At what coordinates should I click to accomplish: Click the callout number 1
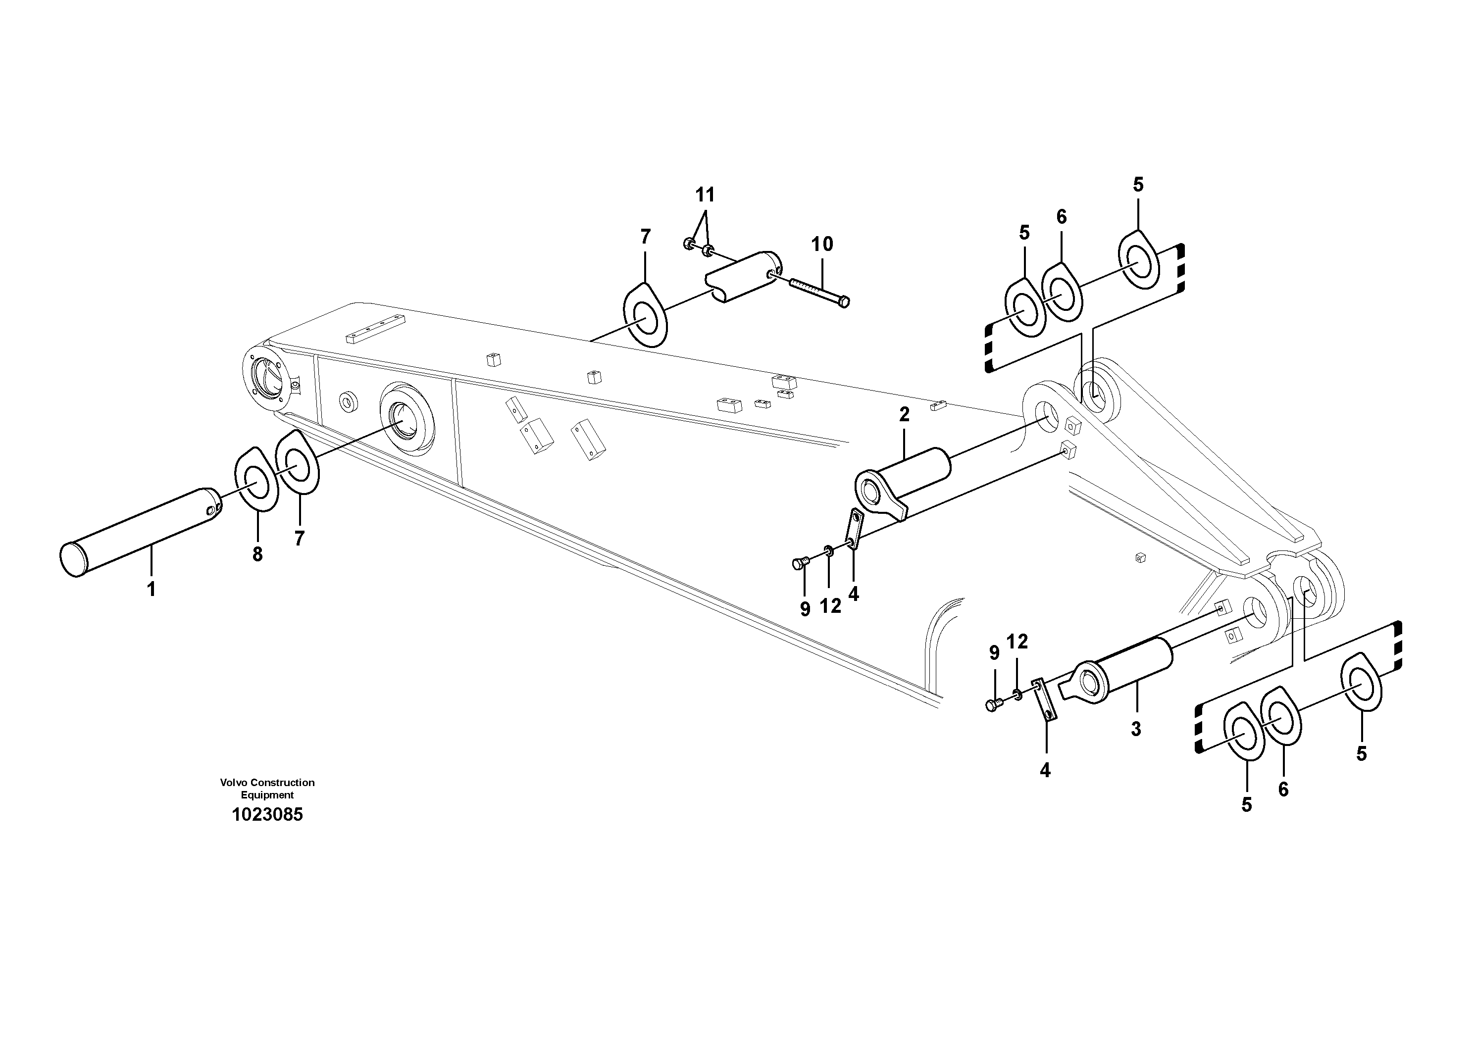(152, 589)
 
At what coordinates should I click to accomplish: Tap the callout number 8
(257, 554)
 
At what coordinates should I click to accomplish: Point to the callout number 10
(822, 244)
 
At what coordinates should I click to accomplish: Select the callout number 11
(705, 194)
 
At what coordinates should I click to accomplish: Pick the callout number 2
(905, 415)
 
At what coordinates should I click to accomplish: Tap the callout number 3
(1136, 729)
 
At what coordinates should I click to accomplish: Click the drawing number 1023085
(267, 814)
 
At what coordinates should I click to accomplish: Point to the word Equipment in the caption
(267, 794)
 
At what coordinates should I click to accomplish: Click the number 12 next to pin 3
(1017, 641)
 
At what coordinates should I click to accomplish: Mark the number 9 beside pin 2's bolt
(805, 608)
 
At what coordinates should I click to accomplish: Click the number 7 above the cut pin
(645, 236)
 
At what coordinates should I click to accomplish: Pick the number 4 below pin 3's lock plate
(1045, 770)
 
